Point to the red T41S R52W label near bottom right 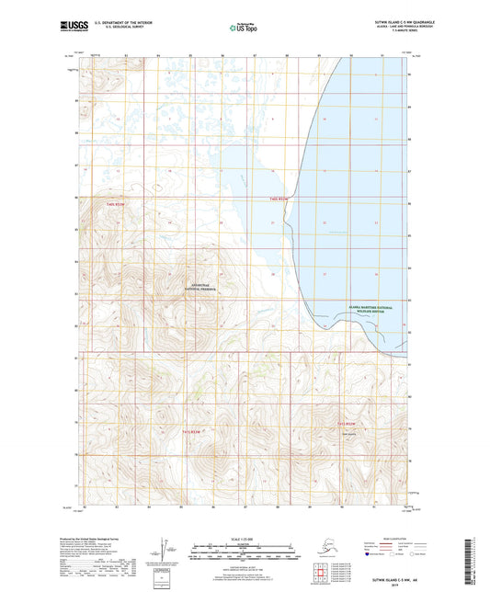(x=347, y=423)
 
